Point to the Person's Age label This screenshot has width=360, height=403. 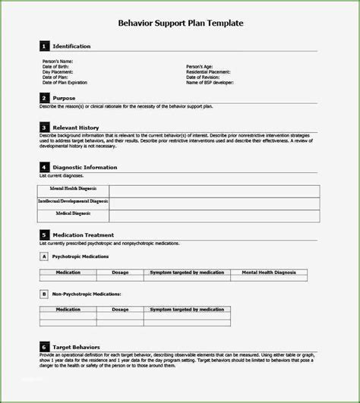tap(201, 66)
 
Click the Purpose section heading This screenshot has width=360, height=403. tap(65, 99)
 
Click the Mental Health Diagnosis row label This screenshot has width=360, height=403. tap(73, 190)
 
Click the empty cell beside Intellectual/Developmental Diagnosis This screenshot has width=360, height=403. tap(213, 202)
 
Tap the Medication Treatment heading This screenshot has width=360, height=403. tap(84, 235)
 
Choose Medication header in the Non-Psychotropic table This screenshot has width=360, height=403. tap(68, 309)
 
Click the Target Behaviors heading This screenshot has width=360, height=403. tap(78, 346)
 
